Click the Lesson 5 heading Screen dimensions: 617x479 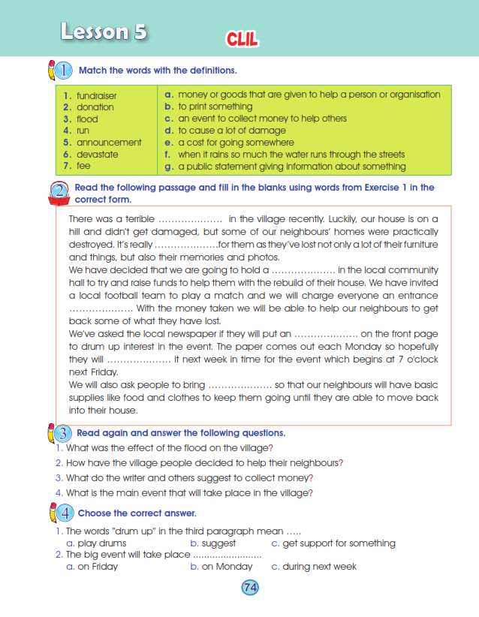click(104, 32)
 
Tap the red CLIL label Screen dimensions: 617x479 click(241, 40)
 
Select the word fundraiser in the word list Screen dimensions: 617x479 click(96, 95)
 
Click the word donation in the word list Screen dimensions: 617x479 click(95, 107)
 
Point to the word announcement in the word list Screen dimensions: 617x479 click(108, 143)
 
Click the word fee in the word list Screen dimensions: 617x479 click(83, 166)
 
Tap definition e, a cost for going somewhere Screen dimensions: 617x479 click(235, 143)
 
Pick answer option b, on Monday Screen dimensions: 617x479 click(221, 567)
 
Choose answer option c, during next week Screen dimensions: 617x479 click(319, 567)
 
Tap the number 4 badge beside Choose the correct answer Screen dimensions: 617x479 click(65, 513)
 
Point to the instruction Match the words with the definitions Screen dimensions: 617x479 click(158, 71)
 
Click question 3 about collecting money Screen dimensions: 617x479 click(189, 477)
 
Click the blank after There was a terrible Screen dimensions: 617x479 click(191, 218)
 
